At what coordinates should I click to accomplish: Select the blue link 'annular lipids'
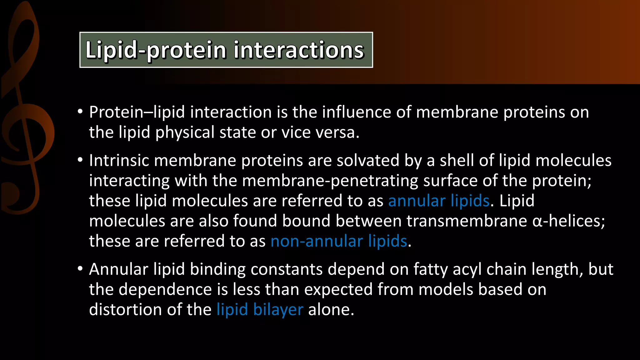click(439, 201)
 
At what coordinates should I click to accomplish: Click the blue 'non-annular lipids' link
click(339, 241)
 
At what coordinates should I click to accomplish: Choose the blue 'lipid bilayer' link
click(260, 309)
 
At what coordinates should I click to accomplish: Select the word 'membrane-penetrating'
click(330, 181)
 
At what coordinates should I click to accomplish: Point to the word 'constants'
click(286, 269)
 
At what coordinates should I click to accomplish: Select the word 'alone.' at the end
click(331, 309)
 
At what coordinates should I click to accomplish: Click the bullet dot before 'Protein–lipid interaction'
click(80, 112)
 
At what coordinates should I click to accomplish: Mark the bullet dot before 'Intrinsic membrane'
click(80, 160)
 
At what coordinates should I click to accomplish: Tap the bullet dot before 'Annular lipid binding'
click(80, 269)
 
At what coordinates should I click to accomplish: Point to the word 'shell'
click(457, 161)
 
